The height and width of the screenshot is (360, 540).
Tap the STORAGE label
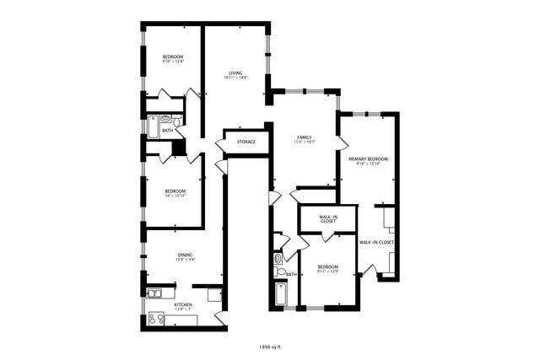(246, 142)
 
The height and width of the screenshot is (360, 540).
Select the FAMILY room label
(304, 137)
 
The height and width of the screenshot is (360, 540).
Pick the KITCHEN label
(183, 304)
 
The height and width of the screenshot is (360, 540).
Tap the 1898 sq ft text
(270, 346)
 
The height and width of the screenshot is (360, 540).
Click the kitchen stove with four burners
(156, 319)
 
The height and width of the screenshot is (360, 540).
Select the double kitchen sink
(154, 293)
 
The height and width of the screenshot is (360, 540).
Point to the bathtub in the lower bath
(281, 295)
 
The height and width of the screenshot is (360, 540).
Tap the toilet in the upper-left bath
(176, 120)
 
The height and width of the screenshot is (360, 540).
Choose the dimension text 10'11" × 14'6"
(235, 78)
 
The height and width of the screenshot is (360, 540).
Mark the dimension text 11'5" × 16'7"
(304, 142)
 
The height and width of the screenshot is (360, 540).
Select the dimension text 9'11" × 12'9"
(327, 271)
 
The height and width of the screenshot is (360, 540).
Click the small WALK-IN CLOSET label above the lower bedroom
(328, 220)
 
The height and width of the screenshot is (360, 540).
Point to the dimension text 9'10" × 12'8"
(173, 62)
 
